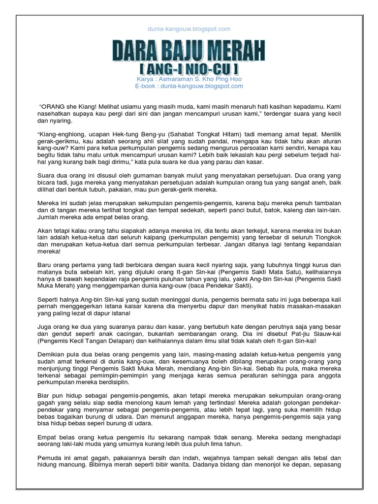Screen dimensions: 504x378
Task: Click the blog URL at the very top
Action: point(189,29)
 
